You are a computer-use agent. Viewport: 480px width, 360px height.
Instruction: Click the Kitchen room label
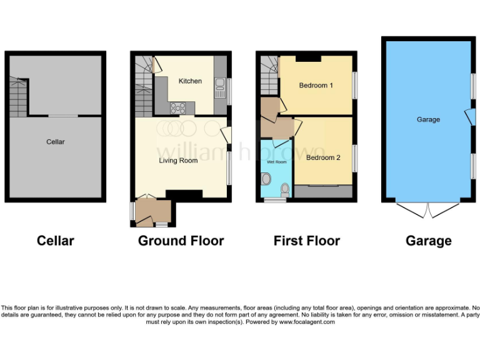coord(190,81)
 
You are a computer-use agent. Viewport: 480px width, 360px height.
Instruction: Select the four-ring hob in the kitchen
coord(177,108)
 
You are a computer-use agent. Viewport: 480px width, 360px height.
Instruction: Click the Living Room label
coord(178,161)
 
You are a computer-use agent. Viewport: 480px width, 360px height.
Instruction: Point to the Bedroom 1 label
coord(316,86)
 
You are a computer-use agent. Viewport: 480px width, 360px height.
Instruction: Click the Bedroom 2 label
coord(323,158)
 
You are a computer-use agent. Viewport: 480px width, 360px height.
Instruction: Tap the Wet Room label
coord(276,162)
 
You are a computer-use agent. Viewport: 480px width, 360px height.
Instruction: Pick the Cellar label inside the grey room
coord(56,142)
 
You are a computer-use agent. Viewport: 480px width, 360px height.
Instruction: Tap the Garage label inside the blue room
coord(428,119)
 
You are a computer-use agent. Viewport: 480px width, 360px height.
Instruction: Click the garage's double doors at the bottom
coord(428,210)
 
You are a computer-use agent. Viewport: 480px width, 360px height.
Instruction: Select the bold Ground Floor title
coord(181,241)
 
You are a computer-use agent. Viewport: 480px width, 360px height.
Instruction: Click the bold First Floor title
coord(307,241)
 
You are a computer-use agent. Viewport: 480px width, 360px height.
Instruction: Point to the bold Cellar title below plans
coord(56,241)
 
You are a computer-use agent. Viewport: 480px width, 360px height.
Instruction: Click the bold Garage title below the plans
coord(428,241)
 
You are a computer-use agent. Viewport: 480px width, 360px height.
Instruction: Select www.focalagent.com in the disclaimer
coord(306,322)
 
